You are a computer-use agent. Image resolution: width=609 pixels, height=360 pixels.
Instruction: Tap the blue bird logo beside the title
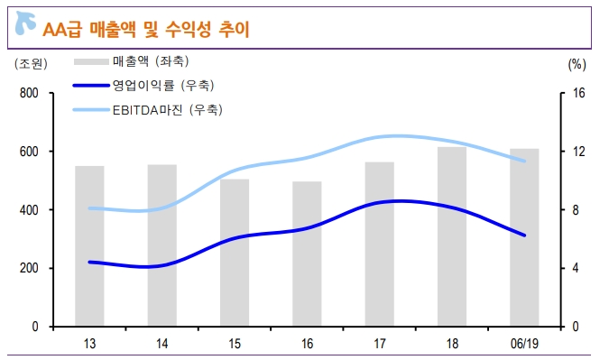[x=26, y=27]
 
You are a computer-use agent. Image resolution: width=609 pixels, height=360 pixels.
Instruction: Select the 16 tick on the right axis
[x=580, y=94]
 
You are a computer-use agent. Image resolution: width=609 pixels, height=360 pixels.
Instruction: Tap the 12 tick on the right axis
[x=580, y=152]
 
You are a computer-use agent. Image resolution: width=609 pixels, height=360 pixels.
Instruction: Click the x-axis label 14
[x=161, y=344]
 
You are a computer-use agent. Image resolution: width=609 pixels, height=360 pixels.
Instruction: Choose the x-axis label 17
[x=379, y=344]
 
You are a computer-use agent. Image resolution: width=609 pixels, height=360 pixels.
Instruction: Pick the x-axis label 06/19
[x=524, y=344]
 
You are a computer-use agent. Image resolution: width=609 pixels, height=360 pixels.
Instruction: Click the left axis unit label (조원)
[x=31, y=64]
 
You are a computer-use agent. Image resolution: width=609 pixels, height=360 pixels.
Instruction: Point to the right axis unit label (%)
[x=577, y=64]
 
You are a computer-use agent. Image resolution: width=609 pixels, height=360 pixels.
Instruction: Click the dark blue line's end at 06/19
[x=524, y=235]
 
